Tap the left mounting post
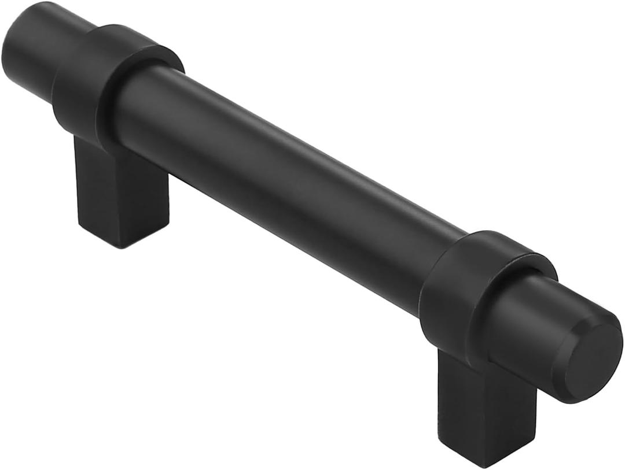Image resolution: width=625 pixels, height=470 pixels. (116, 191)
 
